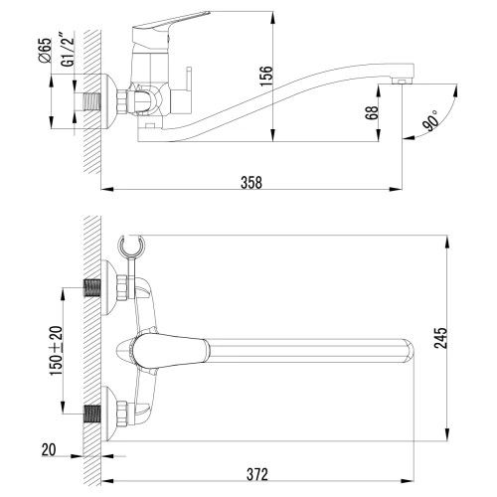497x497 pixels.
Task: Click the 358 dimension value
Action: [251, 183]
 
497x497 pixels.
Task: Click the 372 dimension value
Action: [257, 474]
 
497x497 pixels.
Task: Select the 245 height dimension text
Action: [440, 338]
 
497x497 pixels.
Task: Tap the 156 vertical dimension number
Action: [265, 77]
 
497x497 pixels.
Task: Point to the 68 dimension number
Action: [372, 113]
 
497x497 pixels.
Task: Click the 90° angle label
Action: [430, 121]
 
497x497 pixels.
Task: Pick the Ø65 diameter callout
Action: [46, 50]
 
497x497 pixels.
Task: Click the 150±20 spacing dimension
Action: [56, 351]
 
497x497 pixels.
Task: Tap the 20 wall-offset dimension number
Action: [49, 450]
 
